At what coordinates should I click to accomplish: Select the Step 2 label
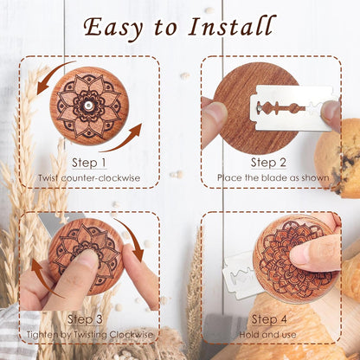[269, 162]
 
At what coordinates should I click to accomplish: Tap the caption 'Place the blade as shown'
[269, 178]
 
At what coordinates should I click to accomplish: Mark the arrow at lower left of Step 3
[42, 286]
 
